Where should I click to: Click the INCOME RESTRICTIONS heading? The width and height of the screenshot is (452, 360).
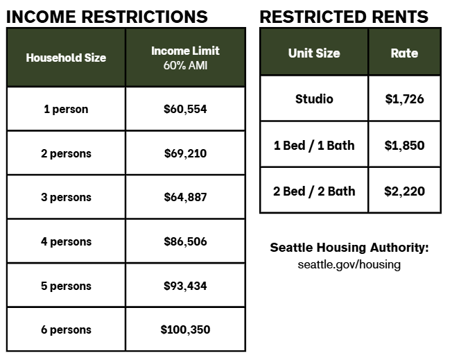107,17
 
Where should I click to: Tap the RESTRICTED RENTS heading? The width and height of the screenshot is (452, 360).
344,17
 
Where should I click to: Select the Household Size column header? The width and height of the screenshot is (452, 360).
66,58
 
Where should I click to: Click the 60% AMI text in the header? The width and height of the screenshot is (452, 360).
185,65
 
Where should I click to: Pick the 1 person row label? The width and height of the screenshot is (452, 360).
66,109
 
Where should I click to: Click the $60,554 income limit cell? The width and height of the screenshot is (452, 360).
185,109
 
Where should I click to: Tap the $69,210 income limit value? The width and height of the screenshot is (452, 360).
185,153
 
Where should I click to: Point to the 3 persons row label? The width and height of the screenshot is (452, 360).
66,197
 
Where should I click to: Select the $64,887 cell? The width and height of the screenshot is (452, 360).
185,197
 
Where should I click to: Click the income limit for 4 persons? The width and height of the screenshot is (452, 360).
185,241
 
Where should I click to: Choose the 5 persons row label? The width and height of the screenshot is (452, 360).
66,286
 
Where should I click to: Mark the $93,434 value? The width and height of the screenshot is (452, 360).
185,286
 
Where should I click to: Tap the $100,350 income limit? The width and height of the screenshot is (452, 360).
185,329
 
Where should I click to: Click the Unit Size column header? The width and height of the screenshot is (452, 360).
314,53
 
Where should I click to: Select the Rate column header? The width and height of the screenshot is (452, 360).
404,53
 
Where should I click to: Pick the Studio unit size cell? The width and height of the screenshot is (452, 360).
314,99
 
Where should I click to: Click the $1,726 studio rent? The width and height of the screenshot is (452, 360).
404,99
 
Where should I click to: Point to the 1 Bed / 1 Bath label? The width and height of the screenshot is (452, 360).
314,146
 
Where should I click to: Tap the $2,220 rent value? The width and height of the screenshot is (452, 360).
404,191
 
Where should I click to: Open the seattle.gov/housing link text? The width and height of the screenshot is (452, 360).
349,264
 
